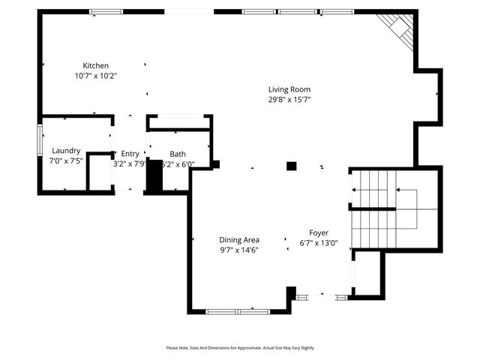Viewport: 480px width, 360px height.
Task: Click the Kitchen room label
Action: point(96,65)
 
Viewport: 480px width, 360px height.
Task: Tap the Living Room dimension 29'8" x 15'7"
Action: point(289,99)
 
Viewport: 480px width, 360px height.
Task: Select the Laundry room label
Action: point(65,151)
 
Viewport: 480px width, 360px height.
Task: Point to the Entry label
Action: point(130,154)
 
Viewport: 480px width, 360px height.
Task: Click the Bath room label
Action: point(178,154)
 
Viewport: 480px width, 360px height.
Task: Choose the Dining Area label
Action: point(239,240)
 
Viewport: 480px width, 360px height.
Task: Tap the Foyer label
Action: point(319,232)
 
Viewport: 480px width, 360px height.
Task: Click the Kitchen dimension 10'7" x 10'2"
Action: point(96,76)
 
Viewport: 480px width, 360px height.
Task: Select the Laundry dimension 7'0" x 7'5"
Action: point(65,160)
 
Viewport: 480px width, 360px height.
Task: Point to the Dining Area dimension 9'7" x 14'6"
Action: point(239,250)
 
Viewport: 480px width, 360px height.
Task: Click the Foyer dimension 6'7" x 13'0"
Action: point(319,242)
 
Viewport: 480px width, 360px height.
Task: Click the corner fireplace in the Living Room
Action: point(397,30)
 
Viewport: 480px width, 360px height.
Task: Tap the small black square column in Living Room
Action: point(292,166)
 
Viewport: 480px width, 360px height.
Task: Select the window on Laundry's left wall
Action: point(40,141)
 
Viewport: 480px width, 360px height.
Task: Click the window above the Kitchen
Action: point(106,11)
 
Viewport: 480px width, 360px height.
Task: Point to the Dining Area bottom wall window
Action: point(238,310)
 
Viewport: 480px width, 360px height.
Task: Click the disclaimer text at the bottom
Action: point(240,348)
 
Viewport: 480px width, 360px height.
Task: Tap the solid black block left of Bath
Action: point(154,177)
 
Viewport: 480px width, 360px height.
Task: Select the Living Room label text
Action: point(289,89)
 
